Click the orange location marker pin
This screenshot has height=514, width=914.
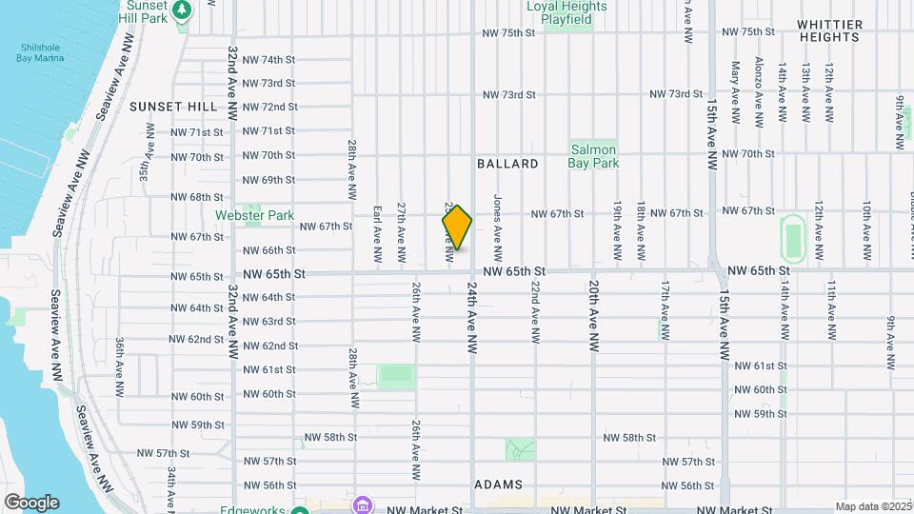pos(458,227)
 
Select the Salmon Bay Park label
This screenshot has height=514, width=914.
pos(595,156)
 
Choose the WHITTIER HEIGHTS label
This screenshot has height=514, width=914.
pos(829,30)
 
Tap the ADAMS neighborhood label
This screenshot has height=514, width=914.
pos(496,484)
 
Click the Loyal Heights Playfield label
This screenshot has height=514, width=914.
pos(566,11)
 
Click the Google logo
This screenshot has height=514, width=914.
pos(30,503)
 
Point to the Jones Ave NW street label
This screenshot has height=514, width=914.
pos(497,228)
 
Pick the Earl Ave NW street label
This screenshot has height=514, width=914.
pos(377,232)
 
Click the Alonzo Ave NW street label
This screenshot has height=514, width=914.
pos(759,91)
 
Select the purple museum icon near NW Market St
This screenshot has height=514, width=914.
pos(361,504)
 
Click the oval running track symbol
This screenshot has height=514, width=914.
pos(791,237)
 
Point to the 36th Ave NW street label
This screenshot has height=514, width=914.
pos(121,366)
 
